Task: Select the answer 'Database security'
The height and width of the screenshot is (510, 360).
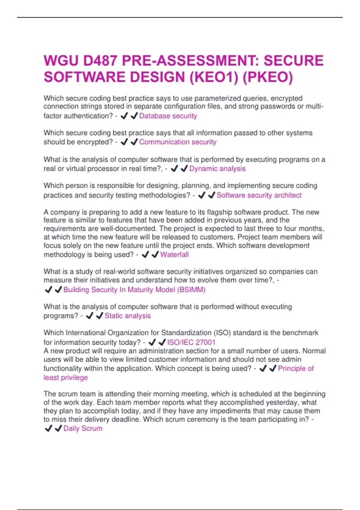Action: (x=168, y=116)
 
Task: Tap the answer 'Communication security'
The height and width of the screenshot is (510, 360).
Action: (x=178, y=142)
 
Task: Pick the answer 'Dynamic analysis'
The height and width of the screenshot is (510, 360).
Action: (x=217, y=169)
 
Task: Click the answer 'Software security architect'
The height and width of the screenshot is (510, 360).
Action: (x=259, y=195)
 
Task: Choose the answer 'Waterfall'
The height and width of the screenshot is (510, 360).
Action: (x=174, y=255)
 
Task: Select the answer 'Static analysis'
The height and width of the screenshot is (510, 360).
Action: (x=127, y=316)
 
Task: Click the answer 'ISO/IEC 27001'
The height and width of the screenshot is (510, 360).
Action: (x=191, y=342)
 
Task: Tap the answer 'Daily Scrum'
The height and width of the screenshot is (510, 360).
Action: (x=83, y=428)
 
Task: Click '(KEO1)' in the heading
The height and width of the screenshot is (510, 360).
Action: (x=213, y=77)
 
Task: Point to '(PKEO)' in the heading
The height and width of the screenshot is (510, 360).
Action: (x=267, y=77)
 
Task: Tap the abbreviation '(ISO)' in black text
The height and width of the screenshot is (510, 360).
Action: (x=222, y=333)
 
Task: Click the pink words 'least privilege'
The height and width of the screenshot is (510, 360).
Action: (x=66, y=377)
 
